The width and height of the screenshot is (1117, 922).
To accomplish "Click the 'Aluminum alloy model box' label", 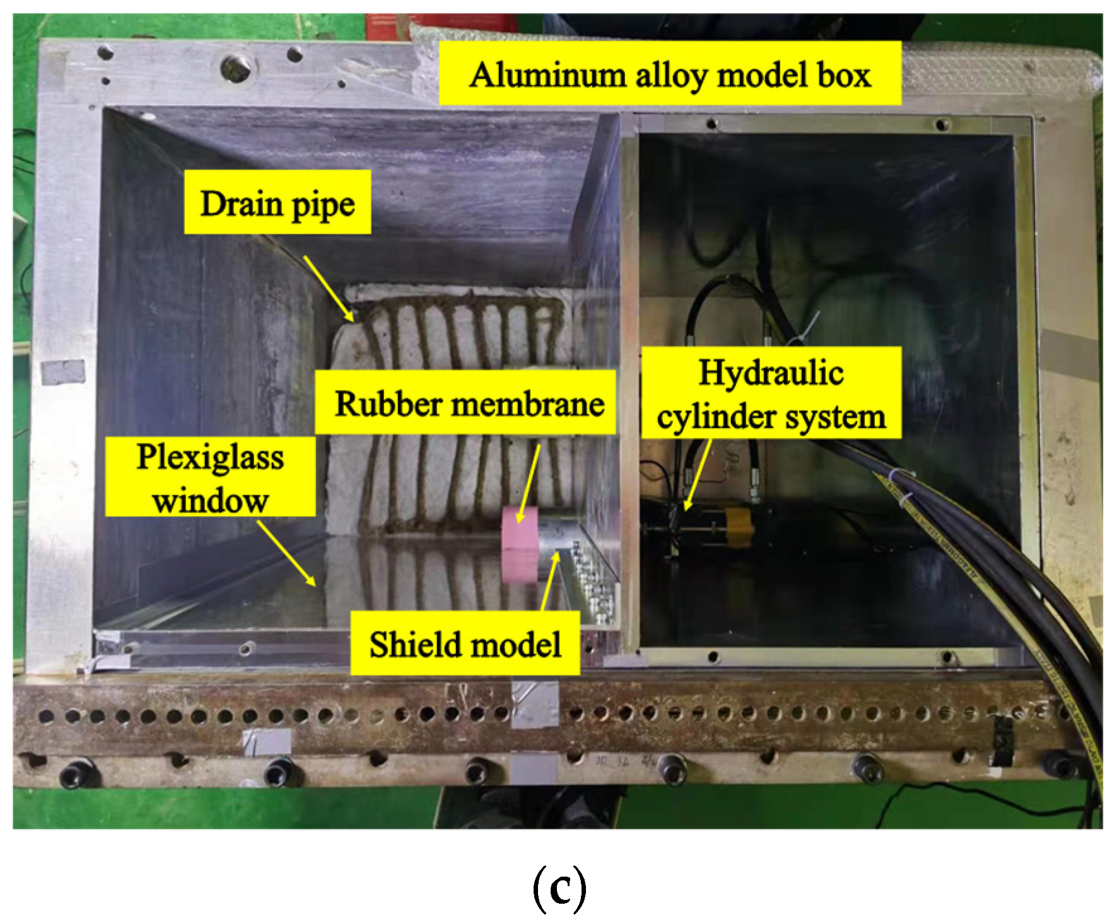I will (670, 74).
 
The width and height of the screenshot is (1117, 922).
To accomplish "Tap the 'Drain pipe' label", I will (277, 202).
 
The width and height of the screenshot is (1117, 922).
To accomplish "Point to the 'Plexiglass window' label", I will (210, 476).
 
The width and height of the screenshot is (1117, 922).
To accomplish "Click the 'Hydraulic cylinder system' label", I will (771, 393).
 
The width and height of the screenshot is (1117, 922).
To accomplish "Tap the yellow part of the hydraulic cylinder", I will (739, 527).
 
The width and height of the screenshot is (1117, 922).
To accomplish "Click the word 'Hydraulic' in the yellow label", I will (771, 372).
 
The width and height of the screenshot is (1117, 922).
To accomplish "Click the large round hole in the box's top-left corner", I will (238, 66).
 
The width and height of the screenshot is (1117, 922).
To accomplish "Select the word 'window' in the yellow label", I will (211, 500).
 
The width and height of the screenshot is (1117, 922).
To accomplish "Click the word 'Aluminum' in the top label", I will (547, 74).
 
